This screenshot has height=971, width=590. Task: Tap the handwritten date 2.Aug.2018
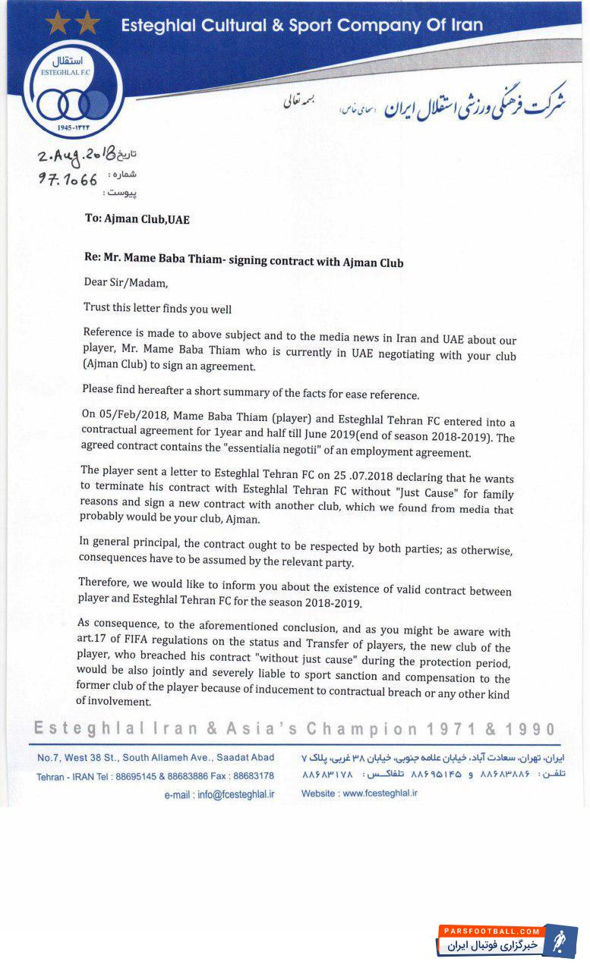pyautogui.click(x=76, y=157)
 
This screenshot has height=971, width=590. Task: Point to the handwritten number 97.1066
pyautogui.click(x=68, y=180)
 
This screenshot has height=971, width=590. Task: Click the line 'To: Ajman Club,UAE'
pyautogui.click(x=137, y=219)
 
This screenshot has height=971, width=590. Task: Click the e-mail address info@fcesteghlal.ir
pyautogui.click(x=235, y=794)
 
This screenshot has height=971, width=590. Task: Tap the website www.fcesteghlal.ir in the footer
pyautogui.click(x=380, y=793)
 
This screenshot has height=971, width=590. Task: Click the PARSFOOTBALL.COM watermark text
pyautogui.click(x=491, y=931)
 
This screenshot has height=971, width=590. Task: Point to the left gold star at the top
pyautogui.click(x=58, y=22)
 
